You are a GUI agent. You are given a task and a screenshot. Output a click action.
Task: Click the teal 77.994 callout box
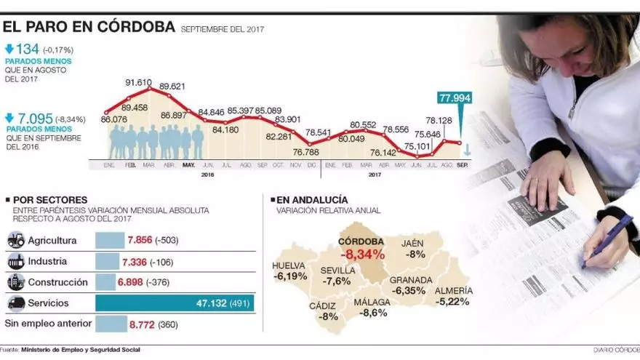click(455, 99)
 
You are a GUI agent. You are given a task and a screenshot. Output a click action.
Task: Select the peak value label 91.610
click(138, 83)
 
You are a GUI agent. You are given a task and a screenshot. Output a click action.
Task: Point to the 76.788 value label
click(305, 152)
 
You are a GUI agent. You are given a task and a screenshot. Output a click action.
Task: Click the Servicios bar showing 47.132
click(175, 303)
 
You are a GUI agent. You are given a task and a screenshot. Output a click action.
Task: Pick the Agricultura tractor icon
click(15, 240)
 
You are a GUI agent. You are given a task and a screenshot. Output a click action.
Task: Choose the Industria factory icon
click(15, 261)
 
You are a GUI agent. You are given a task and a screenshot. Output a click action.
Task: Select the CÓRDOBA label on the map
click(361, 241)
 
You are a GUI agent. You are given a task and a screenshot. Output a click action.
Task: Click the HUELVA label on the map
click(289, 265)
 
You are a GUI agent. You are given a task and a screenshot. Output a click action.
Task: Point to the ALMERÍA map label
click(455, 290)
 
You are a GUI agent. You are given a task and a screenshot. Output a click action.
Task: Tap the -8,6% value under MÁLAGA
click(373, 313)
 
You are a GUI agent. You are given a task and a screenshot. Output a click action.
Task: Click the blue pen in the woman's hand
click(608, 239)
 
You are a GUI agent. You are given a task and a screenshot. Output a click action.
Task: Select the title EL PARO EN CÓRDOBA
click(89, 27)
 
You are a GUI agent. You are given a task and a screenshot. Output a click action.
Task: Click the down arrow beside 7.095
click(9, 118)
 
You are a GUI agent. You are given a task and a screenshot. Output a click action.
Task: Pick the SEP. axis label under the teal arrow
click(462, 165)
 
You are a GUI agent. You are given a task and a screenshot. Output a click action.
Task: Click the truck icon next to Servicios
click(15, 303)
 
